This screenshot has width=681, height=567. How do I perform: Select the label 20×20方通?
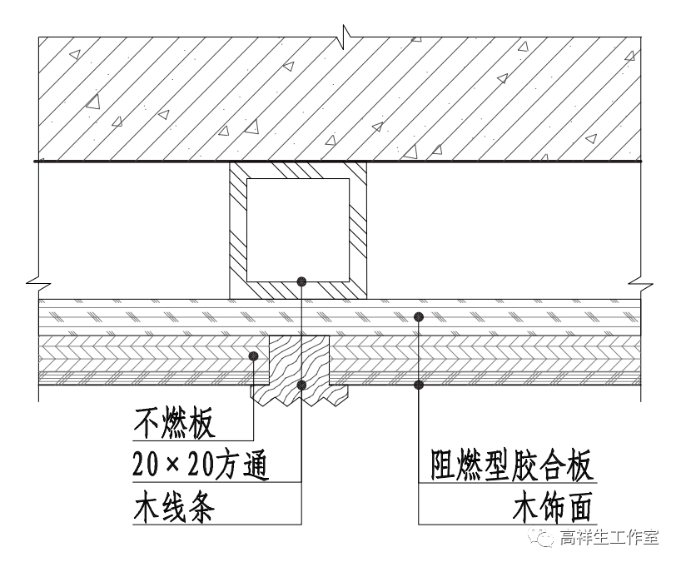click(200, 465)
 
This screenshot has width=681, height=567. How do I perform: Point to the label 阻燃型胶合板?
click(513, 465)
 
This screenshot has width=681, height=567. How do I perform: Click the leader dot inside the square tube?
click(301, 281)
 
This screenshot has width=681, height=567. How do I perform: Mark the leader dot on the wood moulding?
click(301, 384)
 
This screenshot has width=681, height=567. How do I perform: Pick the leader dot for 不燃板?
click(253, 356)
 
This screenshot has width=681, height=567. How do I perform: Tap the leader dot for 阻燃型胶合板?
click(419, 316)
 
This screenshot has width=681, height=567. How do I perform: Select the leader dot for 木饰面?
click(419, 384)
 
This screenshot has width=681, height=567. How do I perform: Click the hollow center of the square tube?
click(298, 229)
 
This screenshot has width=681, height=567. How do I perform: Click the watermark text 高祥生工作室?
click(609, 537)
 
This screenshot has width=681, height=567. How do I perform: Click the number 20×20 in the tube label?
click(173, 465)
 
